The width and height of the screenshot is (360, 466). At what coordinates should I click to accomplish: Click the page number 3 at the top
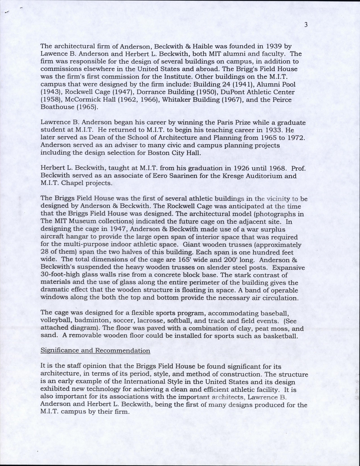306,25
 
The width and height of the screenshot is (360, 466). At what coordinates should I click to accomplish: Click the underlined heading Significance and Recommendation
95,350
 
